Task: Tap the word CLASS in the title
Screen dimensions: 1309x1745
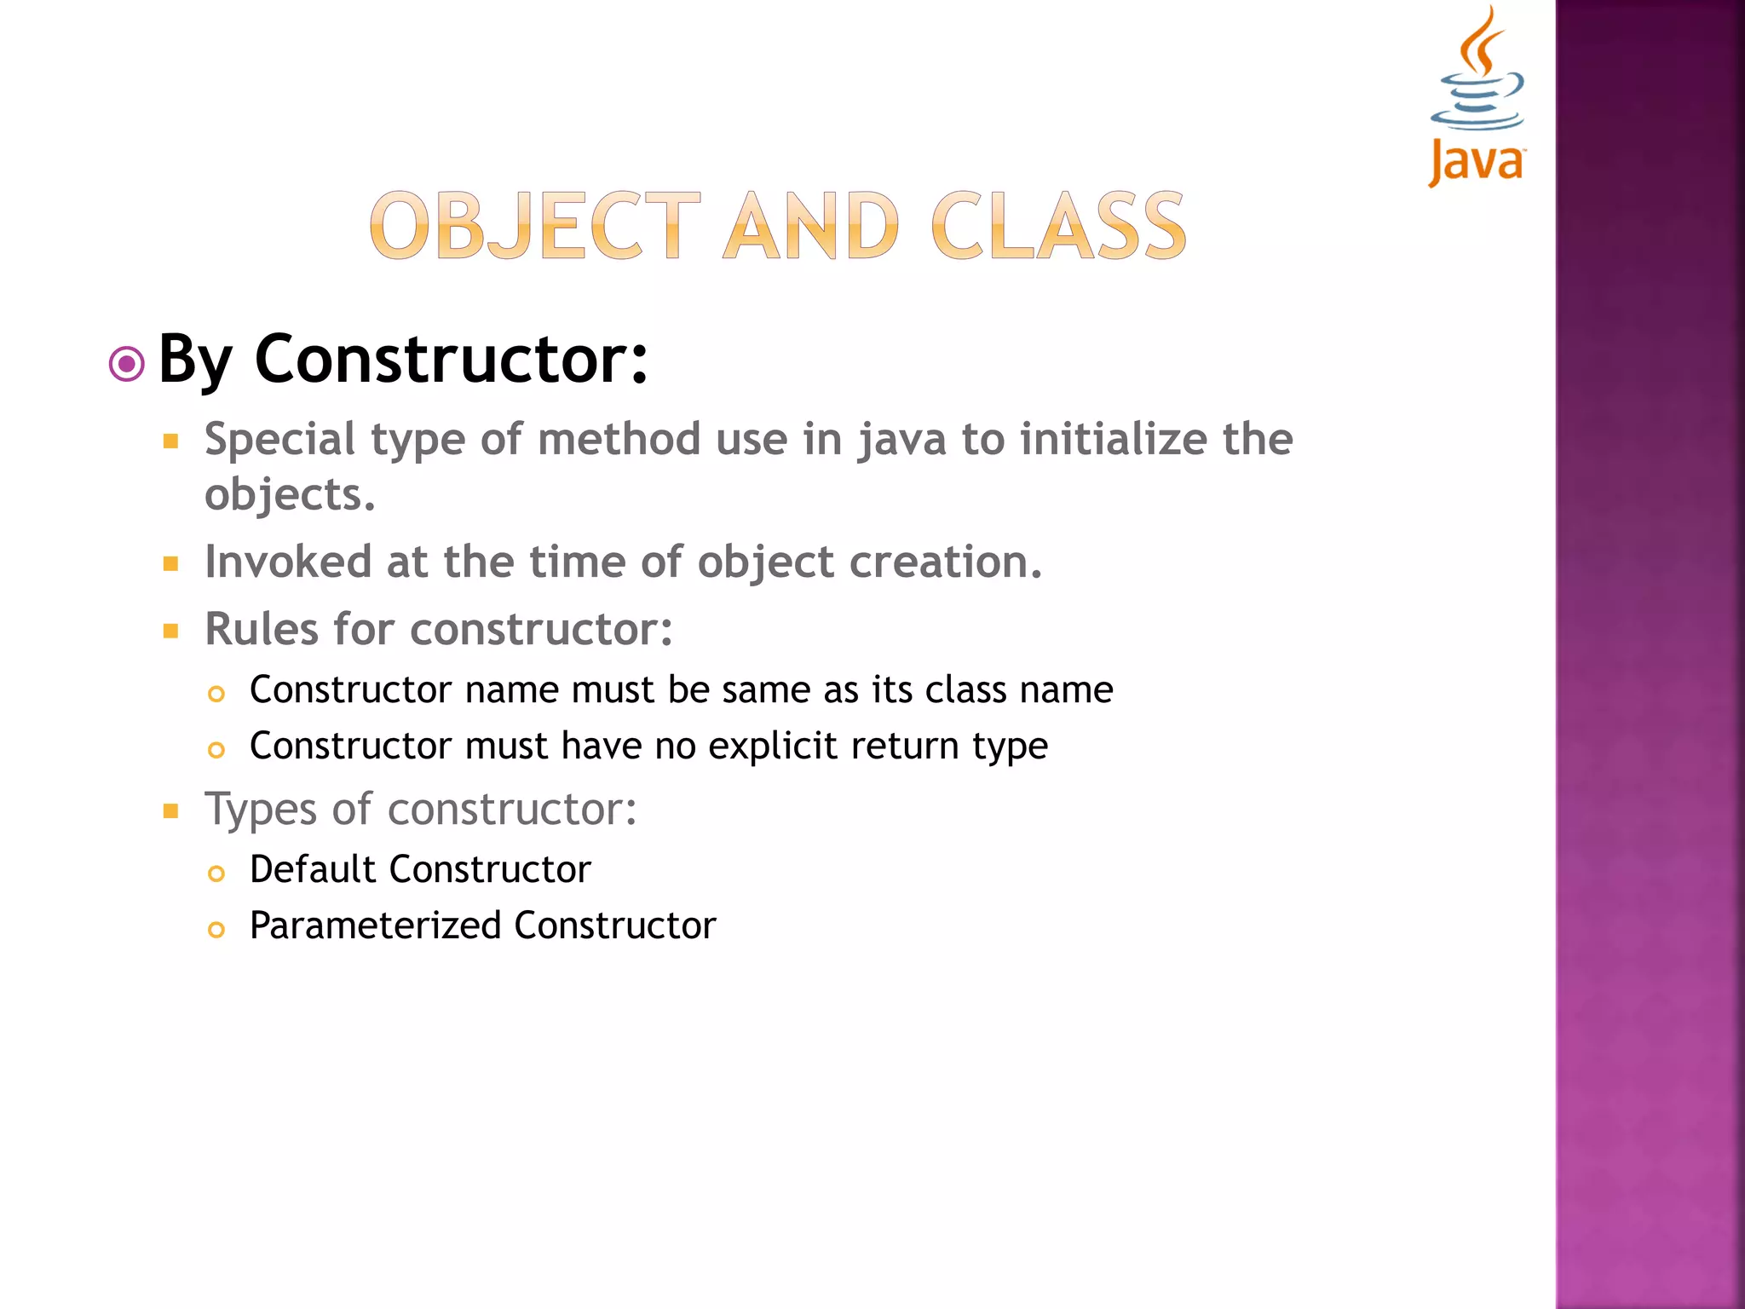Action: pyautogui.click(x=1058, y=226)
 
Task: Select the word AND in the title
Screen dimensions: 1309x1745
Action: pyautogui.click(x=810, y=226)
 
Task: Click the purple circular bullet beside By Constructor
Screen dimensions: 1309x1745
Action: pyautogui.click(x=127, y=365)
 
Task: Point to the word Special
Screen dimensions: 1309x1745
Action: pyautogui.click(x=279, y=441)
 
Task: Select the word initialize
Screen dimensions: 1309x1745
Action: pyautogui.click(x=1114, y=441)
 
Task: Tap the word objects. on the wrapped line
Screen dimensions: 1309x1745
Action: pyautogui.click(x=290, y=496)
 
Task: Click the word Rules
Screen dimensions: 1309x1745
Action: pyautogui.click(x=262, y=630)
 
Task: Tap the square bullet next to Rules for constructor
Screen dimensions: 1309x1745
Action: pyautogui.click(x=171, y=631)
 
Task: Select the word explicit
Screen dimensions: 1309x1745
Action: pyautogui.click(x=773, y=747)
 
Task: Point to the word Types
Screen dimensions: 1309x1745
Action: pyautogui.click(x=261, y=810)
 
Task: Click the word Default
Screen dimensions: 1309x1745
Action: pyautogui.click(x=313, y=870)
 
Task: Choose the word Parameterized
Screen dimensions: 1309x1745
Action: pyautogui.click(x=375, y=926)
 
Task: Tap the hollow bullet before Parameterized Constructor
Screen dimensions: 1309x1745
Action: pyautogui.click(x=216, y=930)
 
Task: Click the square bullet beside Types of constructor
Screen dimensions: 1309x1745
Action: pyautogui.click(x=171, y=810)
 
